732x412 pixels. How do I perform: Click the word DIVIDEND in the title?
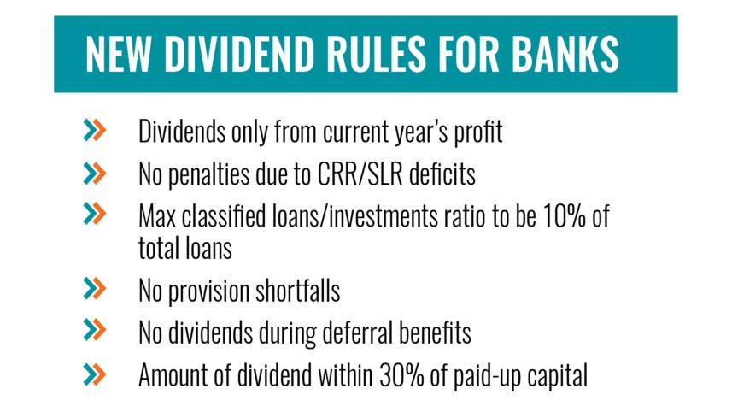tap(239, 54)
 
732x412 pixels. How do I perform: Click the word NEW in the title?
tap(119, 54)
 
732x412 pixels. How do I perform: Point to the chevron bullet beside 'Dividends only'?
tap(95, 130)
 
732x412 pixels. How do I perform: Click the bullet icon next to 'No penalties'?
tap(95, 174)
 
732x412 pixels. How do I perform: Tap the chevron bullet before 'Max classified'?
tap(95, 214)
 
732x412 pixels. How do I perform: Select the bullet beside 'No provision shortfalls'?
tap(95, 288)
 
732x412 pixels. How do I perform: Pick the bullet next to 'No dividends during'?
tap(95, 329)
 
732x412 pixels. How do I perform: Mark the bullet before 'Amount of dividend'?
tap(95, 374)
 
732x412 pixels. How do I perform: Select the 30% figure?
tap(401, 374)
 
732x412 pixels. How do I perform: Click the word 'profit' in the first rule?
tap(478, 132)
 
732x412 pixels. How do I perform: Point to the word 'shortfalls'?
tap(297, 291)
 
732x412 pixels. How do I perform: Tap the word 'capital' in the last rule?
tap(558, 376)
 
